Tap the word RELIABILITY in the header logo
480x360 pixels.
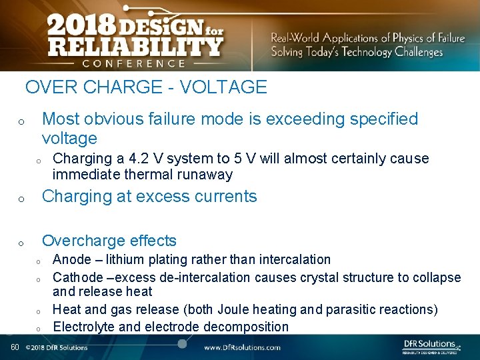point(135,47)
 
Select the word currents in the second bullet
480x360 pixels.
point(227,197)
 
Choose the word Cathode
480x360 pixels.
point(78,277)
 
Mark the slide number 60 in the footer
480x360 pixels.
point(14,347)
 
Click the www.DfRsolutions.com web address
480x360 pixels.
point(242,347)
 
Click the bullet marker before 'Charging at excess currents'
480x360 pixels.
point(21,199)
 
